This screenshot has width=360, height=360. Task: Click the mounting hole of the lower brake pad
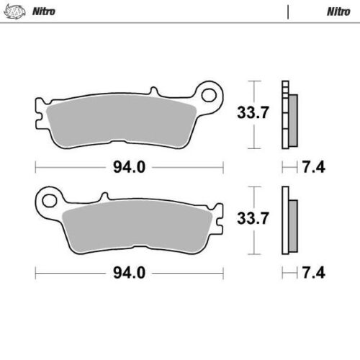[x=50, y=195]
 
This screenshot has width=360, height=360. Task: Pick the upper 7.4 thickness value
[x=315, y=167]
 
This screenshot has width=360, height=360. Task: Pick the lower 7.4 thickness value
[x=315, y=274]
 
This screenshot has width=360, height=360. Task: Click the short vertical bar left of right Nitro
[x=287, y=12]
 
